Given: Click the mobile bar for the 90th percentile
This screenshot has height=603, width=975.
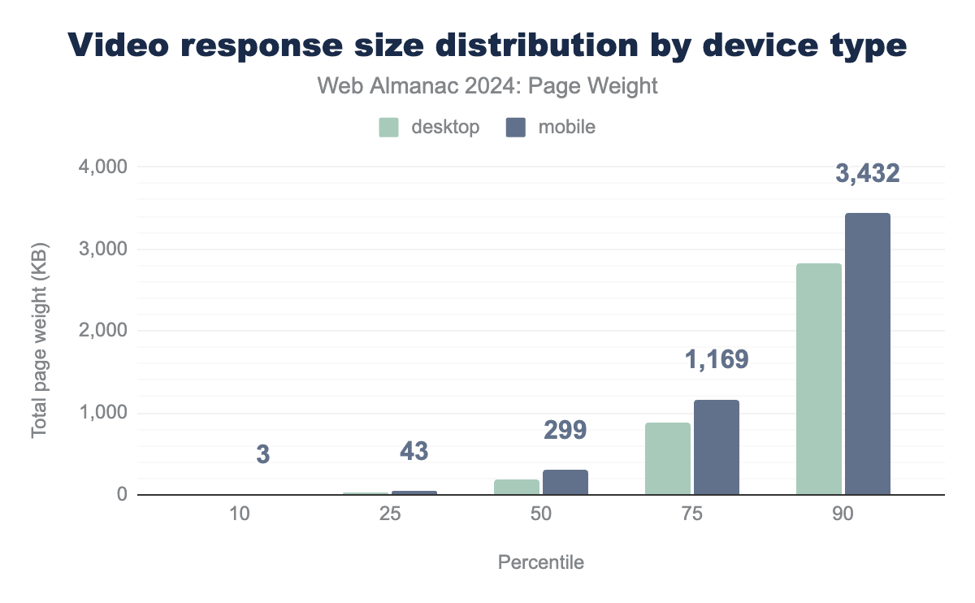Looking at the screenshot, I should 868,354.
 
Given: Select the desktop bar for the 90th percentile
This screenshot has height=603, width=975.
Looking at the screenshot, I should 819,379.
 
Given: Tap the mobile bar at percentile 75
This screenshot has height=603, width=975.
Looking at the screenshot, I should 717,447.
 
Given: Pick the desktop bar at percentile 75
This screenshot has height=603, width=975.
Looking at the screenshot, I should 668,458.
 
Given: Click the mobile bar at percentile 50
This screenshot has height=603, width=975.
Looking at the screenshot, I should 565,482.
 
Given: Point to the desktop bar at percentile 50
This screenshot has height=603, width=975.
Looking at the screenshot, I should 517,487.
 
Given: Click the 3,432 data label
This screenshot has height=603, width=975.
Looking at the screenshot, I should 868,173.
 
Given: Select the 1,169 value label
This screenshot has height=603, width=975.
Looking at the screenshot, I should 716,360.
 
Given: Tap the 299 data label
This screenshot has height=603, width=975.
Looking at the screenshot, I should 565,430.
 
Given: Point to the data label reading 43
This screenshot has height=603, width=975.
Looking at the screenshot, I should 414,451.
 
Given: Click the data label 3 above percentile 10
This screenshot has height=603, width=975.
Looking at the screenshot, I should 262,454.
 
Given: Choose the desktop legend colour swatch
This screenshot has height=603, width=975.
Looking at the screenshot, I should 389,128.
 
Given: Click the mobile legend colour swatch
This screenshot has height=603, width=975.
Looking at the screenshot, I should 516,128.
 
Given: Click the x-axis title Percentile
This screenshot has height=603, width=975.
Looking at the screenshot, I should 540,562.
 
